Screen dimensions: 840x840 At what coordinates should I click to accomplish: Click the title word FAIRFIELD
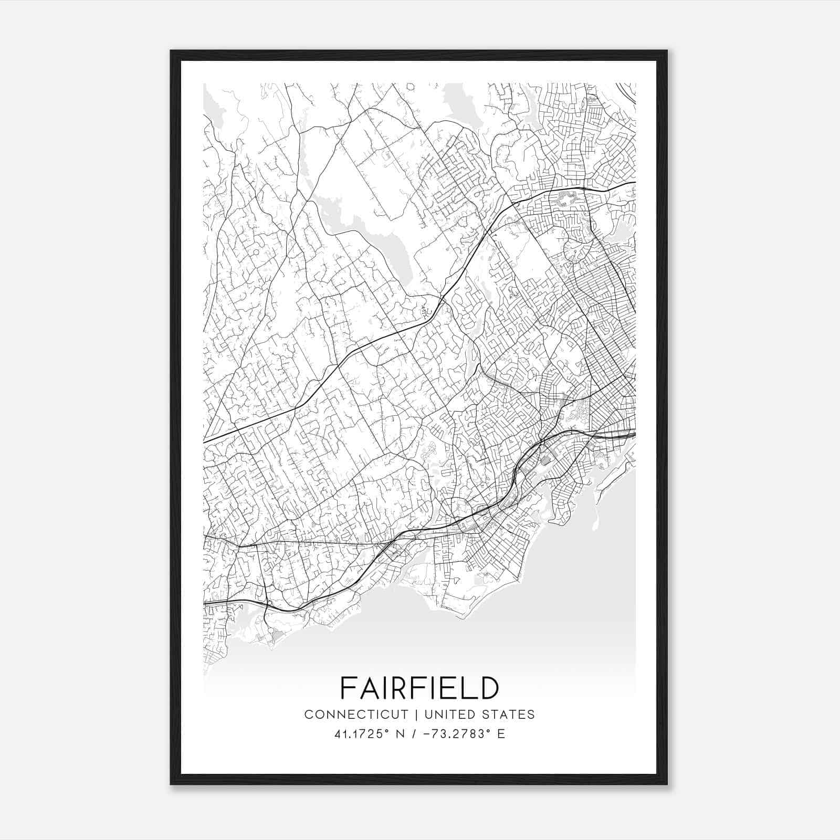pyautogui.click(x=419, y=687)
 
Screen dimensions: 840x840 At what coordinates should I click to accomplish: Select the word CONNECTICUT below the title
pyautogui.click(x=356, y=715)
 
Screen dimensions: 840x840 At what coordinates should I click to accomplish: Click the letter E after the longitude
pyautogui.click(x=501, y=734)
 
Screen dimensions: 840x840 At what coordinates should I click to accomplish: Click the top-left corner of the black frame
pyautogui.click(x=172, y=51)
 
